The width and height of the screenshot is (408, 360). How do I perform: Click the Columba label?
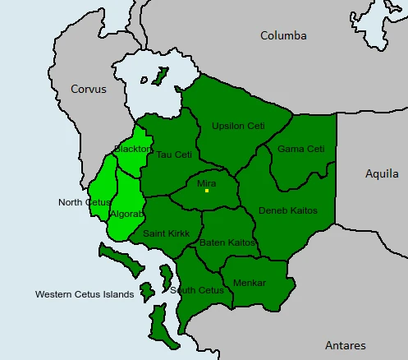click(283, 35)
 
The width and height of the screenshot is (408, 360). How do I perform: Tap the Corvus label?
click(88, 89)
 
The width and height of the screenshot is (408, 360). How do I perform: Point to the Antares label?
click(345, 345)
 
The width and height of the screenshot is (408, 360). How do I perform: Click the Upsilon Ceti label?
click(238, 126)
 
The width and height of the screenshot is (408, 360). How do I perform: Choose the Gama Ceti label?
click(300, 149)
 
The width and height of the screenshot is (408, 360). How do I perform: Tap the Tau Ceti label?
click(174, 155)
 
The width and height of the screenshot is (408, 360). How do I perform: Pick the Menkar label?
click(250, 283)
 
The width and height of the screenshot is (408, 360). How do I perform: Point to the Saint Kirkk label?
click(166, 233)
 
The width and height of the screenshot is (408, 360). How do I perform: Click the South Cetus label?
click(197, 290)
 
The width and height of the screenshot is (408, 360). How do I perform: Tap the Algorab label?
click(126, 214)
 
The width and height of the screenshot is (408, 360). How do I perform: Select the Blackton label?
click(132, 149)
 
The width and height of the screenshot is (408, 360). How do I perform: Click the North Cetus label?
click(85, 202)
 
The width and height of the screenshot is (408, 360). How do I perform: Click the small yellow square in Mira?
click(207, 192)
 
